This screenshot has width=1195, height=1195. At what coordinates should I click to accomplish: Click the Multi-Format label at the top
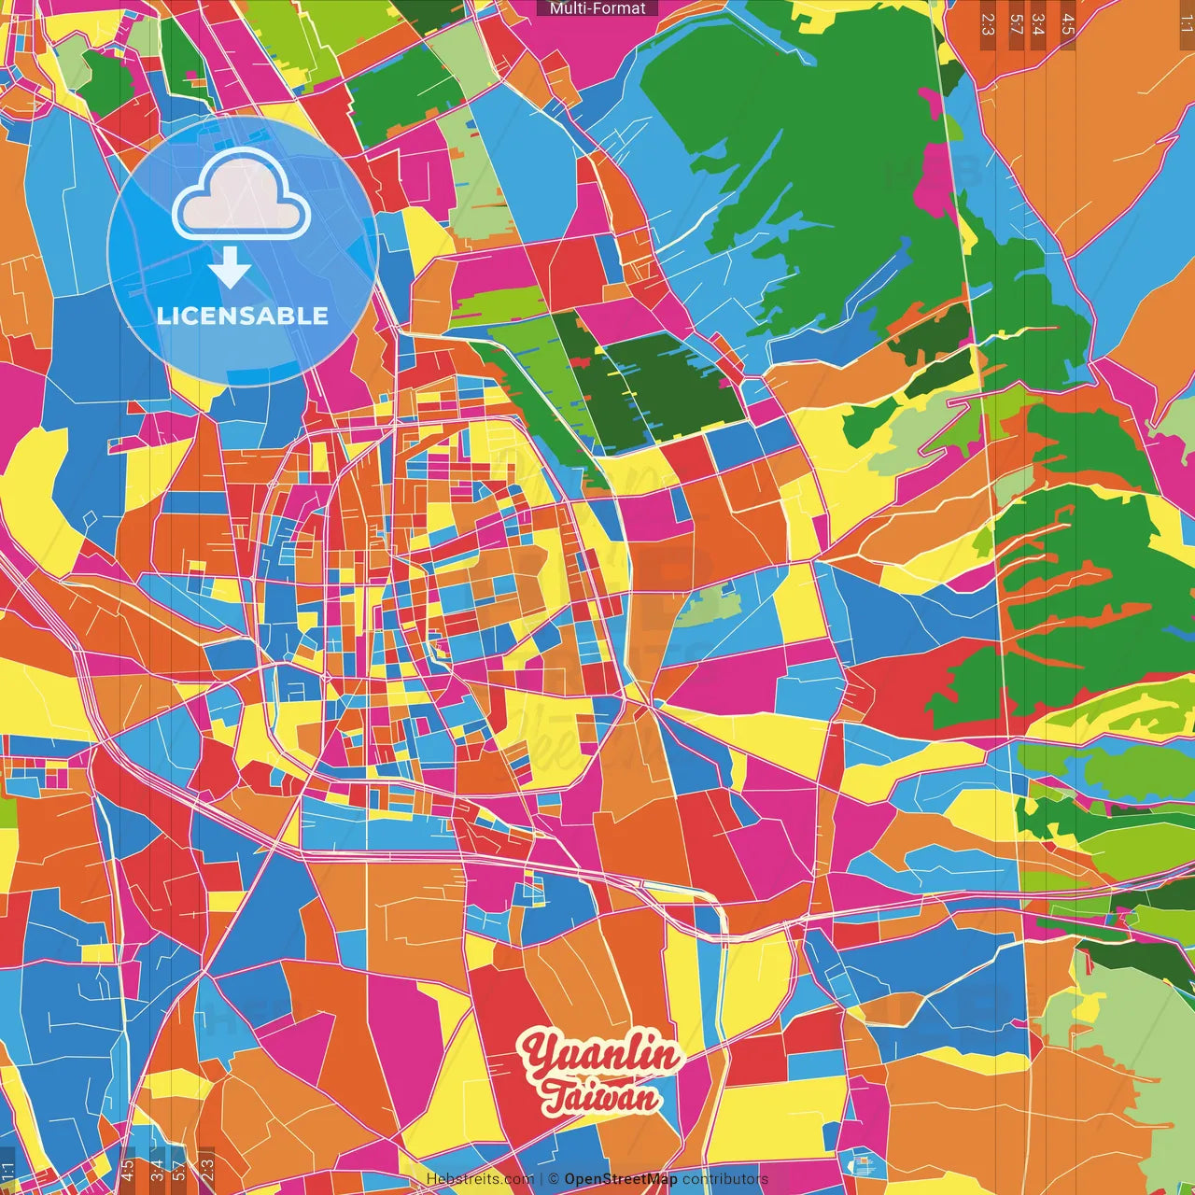(x=597, y=8)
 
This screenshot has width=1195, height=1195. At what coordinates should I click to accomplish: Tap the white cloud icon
(x=242, y=196)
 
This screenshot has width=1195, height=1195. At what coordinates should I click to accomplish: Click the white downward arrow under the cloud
(x=230, y=268)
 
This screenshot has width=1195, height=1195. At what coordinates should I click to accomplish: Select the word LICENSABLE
(x=243, y=316)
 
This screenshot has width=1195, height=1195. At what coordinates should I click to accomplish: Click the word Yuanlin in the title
(x=602, y=1055)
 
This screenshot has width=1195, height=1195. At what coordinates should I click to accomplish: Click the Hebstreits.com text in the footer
(x=480, y=1179)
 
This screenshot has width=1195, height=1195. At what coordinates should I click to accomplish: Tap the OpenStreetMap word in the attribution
(x=621, y=1179)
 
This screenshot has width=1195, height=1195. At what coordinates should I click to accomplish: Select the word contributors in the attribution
(x=725, y=1179)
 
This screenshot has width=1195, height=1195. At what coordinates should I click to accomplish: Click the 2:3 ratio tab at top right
(x=988, y=24)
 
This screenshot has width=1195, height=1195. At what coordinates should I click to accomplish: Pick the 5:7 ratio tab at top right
(x=1016, y=24)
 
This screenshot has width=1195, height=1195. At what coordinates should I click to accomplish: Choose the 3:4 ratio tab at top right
(x=1039, y=24)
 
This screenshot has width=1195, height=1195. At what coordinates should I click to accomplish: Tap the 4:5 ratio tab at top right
(x=1067, y=24)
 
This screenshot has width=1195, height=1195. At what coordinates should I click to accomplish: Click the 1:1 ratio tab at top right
(x=1186, y=24)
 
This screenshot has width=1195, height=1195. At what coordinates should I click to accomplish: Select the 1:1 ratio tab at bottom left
(x=7, y=1171)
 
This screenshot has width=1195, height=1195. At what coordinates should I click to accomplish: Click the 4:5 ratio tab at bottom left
(x=127, y=1171)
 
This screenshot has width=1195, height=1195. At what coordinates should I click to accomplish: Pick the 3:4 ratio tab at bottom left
(x=156, y=1171)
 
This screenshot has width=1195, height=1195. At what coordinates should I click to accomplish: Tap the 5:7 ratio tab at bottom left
(x=179, y=1171)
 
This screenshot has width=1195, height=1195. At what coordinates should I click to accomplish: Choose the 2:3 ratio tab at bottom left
(x=207, y=1167)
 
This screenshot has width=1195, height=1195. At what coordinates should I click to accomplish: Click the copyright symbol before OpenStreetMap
(x=554, y=1179)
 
